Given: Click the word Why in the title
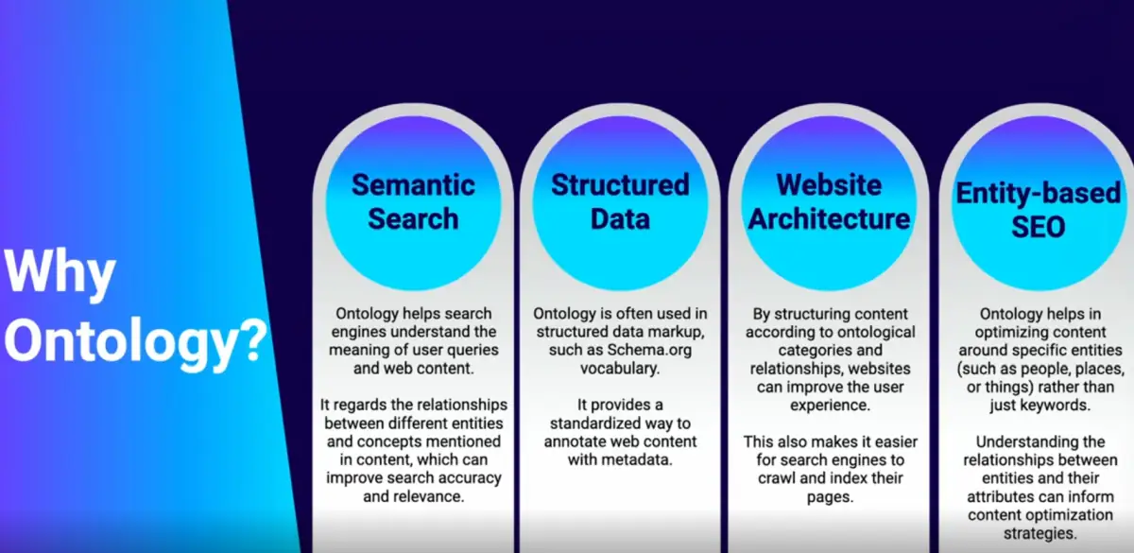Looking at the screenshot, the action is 60,274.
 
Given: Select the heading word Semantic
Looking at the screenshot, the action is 413,185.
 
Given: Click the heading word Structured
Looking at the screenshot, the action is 620,185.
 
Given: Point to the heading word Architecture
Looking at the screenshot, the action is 830,218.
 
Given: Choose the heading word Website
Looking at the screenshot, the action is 830,185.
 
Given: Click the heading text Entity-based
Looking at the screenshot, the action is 1038,194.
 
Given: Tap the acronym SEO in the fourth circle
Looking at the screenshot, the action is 1039,227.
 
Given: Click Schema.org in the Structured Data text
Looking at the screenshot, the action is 649,350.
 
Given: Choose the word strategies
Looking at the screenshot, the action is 1039,533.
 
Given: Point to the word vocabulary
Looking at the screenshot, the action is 620,369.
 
